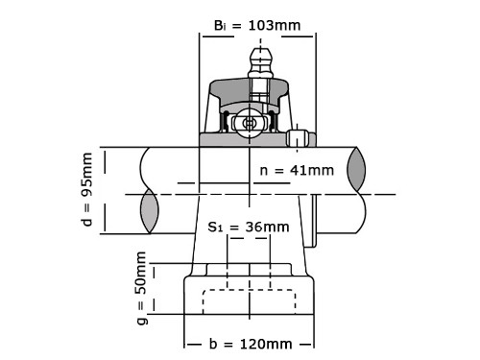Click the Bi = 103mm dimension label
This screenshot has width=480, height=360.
(x=257, y=25)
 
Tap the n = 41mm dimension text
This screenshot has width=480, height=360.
(x=297, y=170)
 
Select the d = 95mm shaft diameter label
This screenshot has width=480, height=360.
(x=87, y=189)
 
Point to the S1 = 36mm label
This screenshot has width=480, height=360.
(x=249, y=227)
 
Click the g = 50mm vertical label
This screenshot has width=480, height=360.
(x=141, y=288)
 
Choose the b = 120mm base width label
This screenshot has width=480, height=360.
(x=251, y=345)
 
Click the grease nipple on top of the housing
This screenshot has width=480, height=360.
(x=261, y=63)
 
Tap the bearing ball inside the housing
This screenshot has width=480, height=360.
(x=249, y=123)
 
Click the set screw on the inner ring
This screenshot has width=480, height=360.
(x=297, y=138)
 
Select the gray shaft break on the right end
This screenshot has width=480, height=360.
(x=356, y=170)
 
